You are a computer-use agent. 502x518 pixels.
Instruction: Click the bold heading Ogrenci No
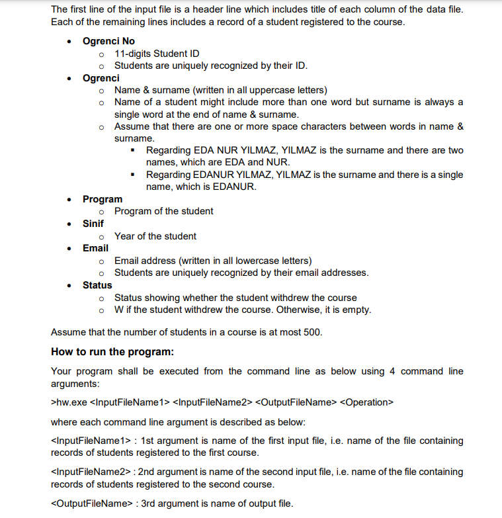click(x=108, y=41)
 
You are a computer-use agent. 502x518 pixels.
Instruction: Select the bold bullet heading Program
click(x=102, y=199)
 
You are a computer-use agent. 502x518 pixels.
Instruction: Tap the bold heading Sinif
click(x=93, y=224)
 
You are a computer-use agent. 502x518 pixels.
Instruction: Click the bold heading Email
click(x=95, y=248)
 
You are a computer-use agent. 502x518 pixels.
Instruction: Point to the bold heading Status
click(x=97, y=285)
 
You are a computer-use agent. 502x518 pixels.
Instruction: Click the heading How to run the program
click(x=112, y=351)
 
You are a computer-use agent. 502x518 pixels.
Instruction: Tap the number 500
click(x=312, y=331)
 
